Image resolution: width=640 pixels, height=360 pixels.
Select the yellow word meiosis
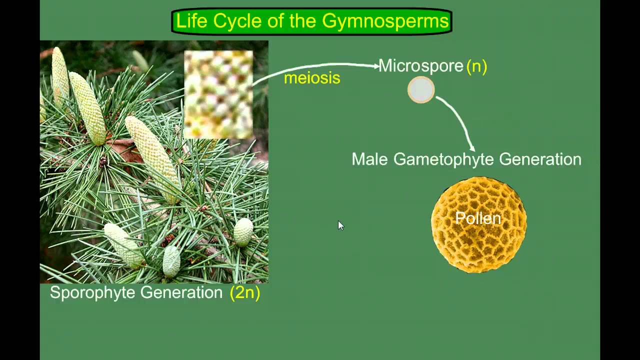(x=312, y=78)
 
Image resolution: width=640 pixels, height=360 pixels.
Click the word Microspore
(x=420, y=66)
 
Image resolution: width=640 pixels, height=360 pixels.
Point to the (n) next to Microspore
(x=476, y=66)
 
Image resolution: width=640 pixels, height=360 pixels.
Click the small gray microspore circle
(x=421, y=90)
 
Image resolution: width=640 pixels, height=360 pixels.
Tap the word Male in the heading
(x=370, y=159)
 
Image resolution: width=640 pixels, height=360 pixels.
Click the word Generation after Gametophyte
(x=540, y=159)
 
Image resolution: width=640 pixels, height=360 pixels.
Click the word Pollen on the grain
(x=478, y=218)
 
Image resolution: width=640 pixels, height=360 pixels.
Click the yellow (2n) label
(x=245, y=292)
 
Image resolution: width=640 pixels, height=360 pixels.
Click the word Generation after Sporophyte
(x=181, y=292)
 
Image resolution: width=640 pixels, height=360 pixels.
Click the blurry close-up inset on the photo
(x=218, y=94)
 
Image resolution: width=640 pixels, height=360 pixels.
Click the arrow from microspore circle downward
(x=459, y=120)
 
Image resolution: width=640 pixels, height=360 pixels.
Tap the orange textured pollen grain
(x=478, y=245)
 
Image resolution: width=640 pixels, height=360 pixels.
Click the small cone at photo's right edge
(x=243, y=232)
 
